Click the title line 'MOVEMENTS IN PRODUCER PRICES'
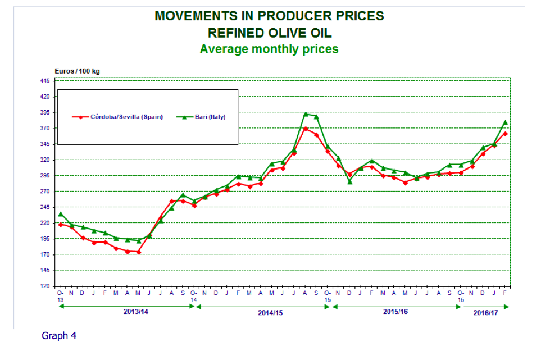pos(269,16)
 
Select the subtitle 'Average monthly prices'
pos(269,49)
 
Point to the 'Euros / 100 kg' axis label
pos(77,71)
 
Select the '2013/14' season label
pos(135,311)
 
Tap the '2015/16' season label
pos(395,311)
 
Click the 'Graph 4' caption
pos(59,336)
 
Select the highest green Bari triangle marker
pos(306,114)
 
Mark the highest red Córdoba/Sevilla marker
pos(306,129)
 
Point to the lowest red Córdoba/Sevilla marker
pos(138,252)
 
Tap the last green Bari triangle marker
pos(506,122)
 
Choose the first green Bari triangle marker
pos(60,214)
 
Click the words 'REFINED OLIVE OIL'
pos(269,32)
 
